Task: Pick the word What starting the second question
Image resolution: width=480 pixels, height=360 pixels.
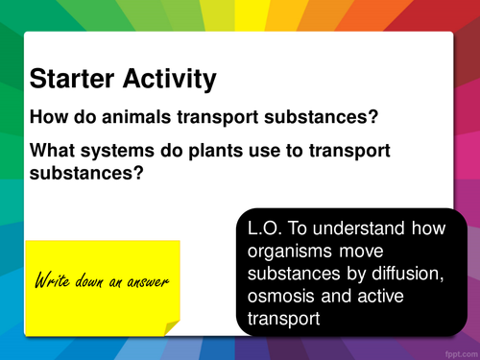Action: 54,151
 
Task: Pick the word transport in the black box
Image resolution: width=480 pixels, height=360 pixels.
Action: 280,319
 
